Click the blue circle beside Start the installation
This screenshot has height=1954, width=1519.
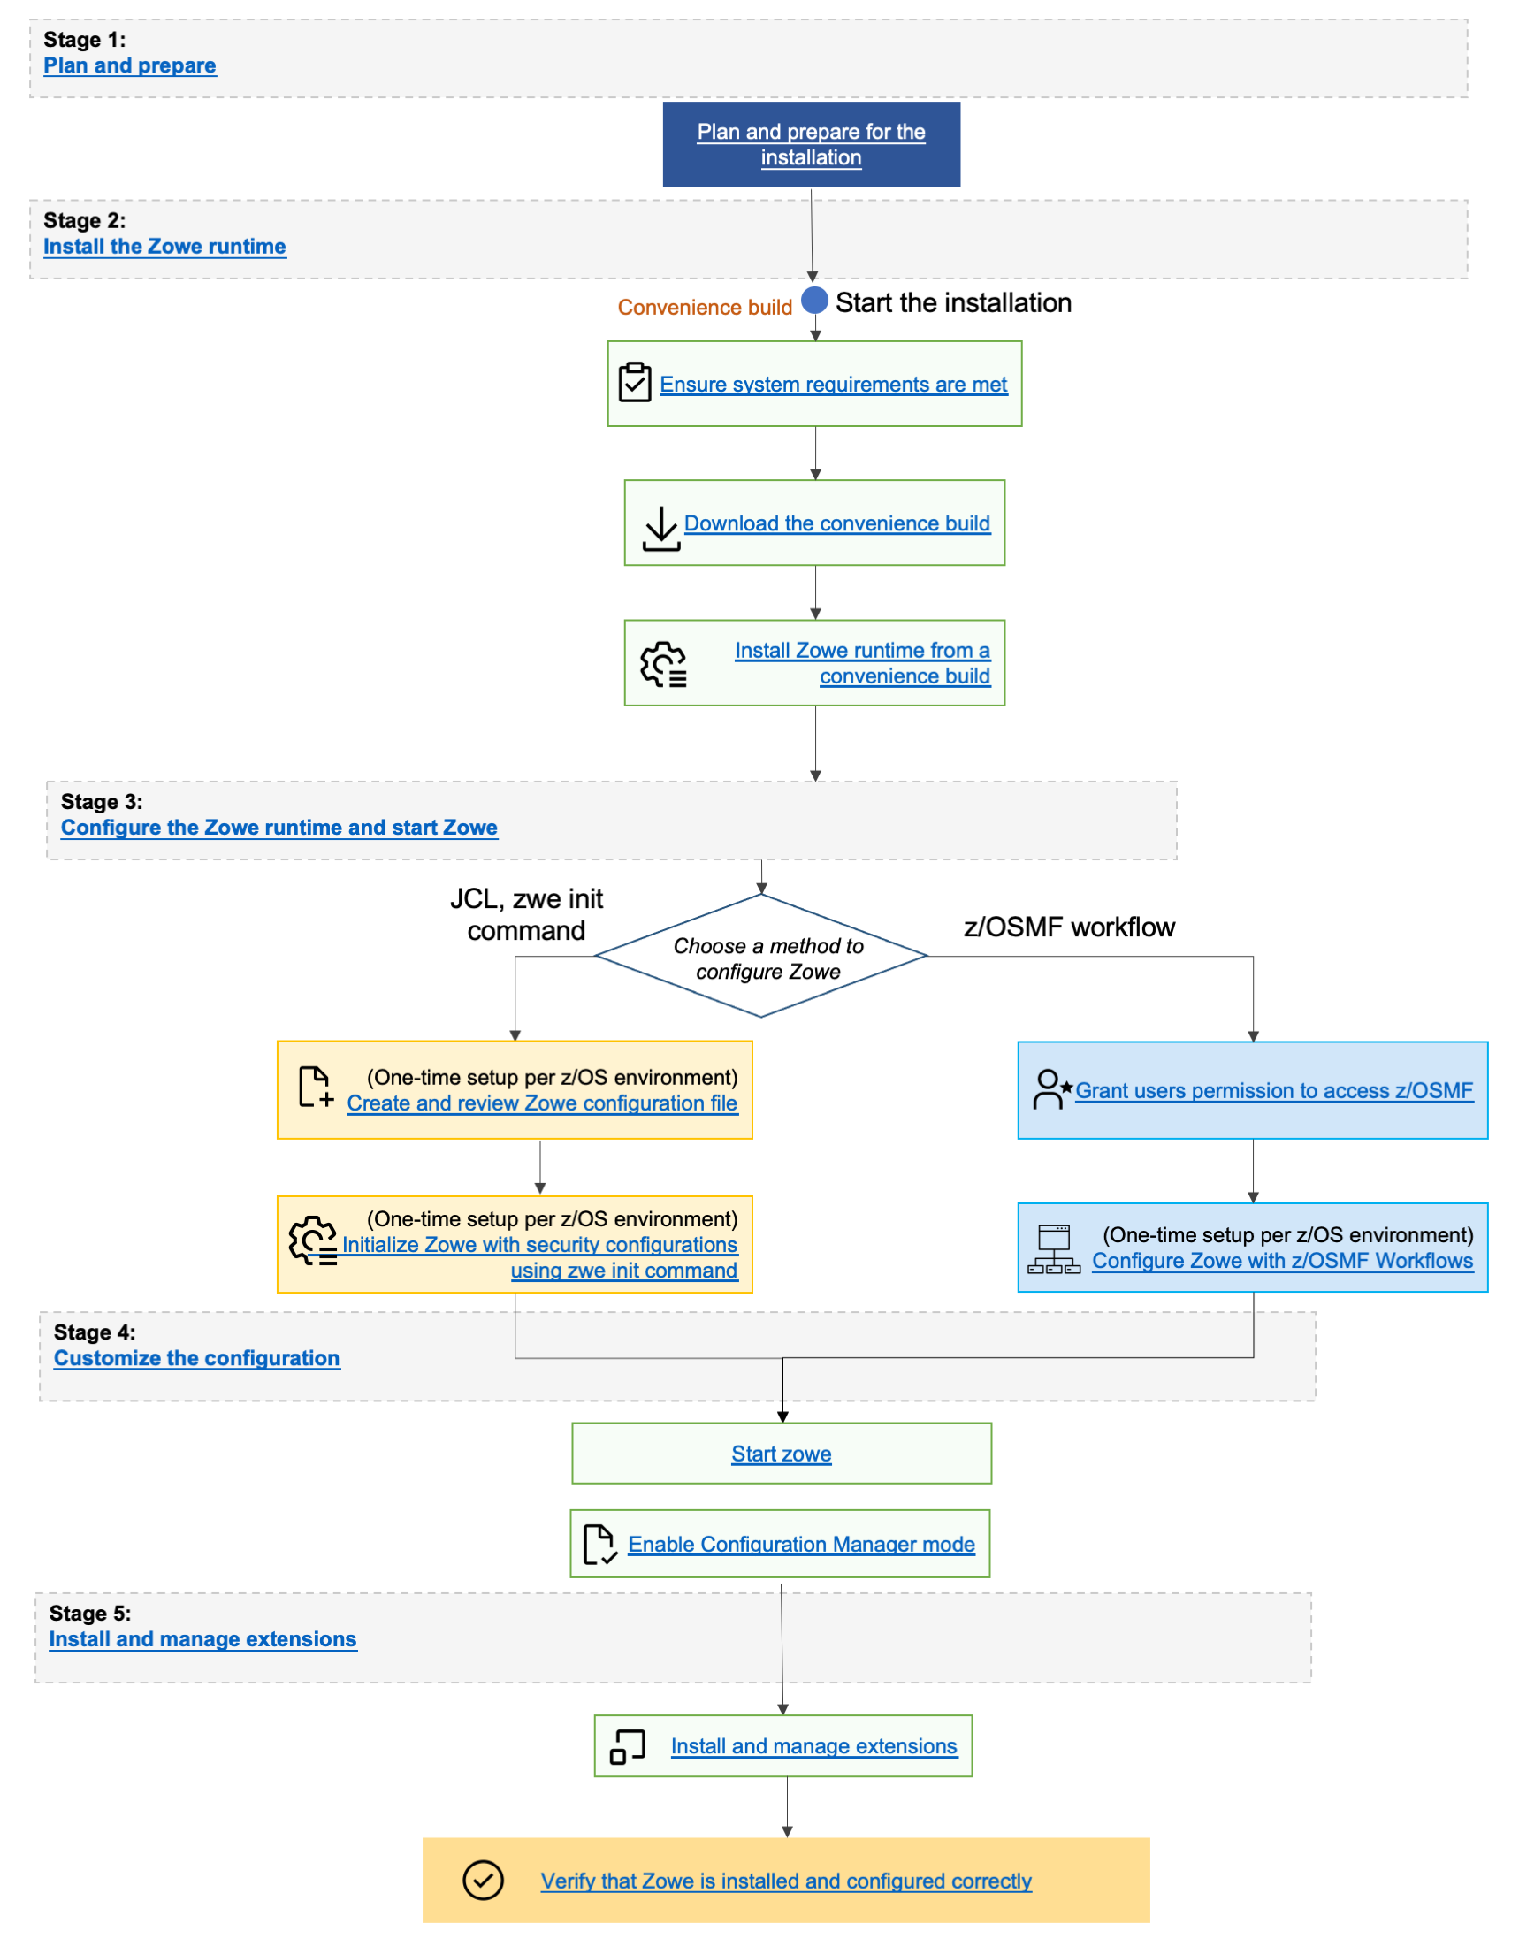coord(814,301)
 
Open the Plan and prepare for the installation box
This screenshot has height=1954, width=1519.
coord(811,144)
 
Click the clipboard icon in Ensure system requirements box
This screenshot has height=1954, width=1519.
coord(634,382)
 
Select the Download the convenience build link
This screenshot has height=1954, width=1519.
coord(836,523)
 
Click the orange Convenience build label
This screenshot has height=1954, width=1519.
coord(704,308)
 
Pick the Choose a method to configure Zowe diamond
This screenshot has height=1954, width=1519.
coord(760,957)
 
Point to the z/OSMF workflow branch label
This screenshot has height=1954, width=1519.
coord(1068,927)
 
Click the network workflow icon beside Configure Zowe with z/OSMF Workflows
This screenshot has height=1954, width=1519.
coord(1053,1249)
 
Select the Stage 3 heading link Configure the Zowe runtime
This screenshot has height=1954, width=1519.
coord(279,828)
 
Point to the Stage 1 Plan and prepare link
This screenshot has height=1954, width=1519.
coord(129,65)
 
